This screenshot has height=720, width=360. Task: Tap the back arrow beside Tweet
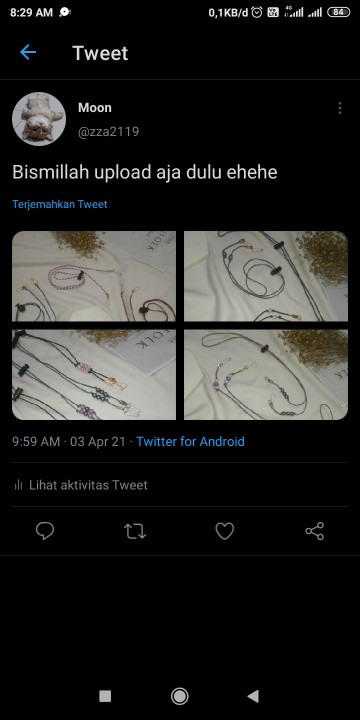click(x=28, y=53)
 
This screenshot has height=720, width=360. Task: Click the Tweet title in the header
click(x=100, y=53)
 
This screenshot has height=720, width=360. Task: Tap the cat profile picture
click(x=39, y=119)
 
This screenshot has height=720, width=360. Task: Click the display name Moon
click(x=95, y=107)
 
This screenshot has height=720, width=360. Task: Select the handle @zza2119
click(x=108, y=131)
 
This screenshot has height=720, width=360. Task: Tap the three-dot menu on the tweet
click(x=339, y=108)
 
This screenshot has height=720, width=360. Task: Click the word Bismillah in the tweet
click(x=50, y=172)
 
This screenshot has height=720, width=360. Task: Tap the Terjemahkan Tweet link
click(x=60, y=204)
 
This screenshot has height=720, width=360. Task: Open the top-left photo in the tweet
click(x=94, y=276)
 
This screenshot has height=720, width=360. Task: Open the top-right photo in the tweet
click(x=266, y=276)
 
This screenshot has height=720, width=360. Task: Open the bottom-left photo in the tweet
click(x=94, y=374)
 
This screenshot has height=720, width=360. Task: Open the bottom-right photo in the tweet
click(x=266, y=374)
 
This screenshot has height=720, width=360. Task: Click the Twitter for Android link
click(x=190, y=441)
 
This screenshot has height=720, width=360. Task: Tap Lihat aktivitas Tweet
click(x=88, y=485)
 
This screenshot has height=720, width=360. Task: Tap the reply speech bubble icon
click(x=45, y=531)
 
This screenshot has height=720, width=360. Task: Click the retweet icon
click(x=135, y=531)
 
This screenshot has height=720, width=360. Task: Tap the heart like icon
click(x=225, y=531)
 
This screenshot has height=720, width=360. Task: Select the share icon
click(x=315, y=531)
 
